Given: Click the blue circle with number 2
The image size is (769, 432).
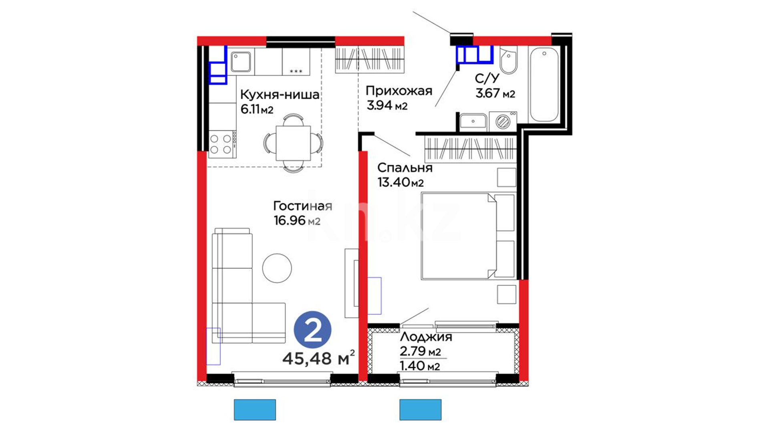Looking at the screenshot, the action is [312, 330].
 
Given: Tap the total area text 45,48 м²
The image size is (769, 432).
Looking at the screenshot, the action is [319, 358].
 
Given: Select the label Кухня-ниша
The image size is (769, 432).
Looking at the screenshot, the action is [280, 95].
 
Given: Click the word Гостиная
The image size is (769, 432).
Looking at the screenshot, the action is [302, 206].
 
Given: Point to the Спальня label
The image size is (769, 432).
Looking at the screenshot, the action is [405, 168].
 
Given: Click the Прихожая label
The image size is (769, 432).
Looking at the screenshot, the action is [399, 91].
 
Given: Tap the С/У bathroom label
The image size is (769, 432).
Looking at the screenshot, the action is [487, 78].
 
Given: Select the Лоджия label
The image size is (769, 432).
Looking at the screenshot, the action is [426, 337].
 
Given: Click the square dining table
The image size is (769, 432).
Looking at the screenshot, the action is [294, 143].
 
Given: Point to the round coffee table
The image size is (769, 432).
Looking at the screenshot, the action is [277, 268].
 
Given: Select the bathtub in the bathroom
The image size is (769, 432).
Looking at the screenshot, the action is [544, 84].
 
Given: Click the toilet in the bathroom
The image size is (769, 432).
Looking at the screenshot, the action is [508, 60].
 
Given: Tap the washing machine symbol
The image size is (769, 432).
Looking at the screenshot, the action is [503, 121].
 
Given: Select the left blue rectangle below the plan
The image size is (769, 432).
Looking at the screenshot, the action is [255, 410].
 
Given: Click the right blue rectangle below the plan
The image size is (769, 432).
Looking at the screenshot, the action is [421, 410].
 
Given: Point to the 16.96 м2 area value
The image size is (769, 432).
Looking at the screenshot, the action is [297, 220].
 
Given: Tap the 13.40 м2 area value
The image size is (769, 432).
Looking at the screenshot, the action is [401, 182].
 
